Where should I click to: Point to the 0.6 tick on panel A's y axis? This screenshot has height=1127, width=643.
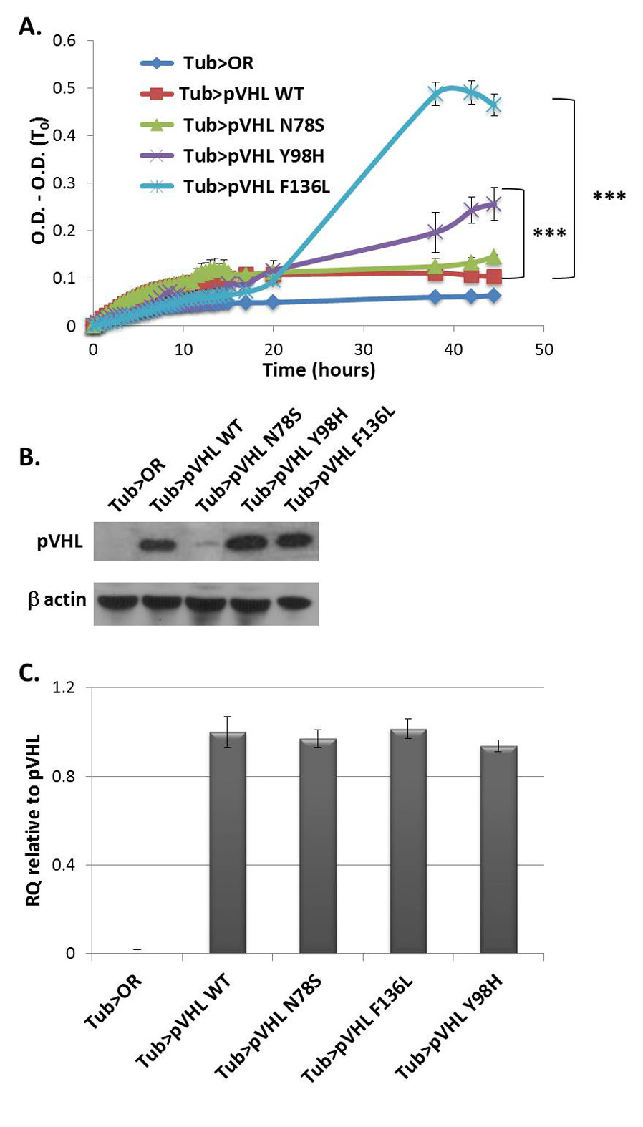coord(64,41)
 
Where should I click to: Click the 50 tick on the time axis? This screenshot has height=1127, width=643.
coord(543,349)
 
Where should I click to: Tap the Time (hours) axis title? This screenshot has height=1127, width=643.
coord(319,370)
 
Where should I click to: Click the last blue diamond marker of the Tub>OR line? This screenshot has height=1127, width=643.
coord(493,295)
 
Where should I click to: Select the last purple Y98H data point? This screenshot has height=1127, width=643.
coord(493,205)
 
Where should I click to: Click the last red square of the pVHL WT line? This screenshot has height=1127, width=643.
coord(493,277)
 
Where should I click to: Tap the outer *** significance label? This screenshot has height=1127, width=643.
coord(609,197)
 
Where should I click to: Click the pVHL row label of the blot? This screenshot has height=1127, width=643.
coord(60,541)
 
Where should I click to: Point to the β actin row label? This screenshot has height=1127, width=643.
coord(57,599)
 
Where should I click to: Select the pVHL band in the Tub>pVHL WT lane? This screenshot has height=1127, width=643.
coord(158,546)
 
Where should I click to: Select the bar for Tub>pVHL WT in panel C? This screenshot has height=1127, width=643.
coord(227,843)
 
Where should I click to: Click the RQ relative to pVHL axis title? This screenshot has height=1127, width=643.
coord(33,820)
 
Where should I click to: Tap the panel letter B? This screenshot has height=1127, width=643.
coord(29,458)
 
